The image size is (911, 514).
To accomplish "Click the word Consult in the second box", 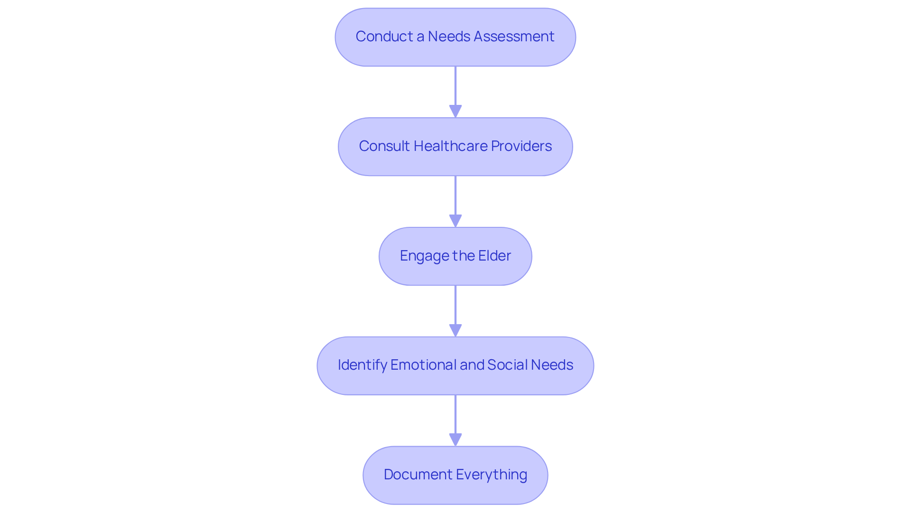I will tap(384, 146).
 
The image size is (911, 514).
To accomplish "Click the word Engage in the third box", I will tap(424, 256).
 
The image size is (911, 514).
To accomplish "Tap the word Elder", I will tap(494, 256).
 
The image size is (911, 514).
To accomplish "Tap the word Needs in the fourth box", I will tap(551, 365).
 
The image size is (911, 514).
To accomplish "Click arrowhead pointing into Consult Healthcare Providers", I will tap(455, 112).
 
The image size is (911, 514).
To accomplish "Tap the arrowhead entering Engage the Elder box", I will tap(455, 221).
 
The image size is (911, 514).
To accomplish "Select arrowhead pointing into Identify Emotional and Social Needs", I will tap(455, 331).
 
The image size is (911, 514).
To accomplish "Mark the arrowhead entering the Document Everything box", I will tap(455, 440).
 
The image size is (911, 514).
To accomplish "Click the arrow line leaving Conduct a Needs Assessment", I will tap(455, 85).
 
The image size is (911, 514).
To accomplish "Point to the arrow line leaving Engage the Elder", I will tap(455, 305).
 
